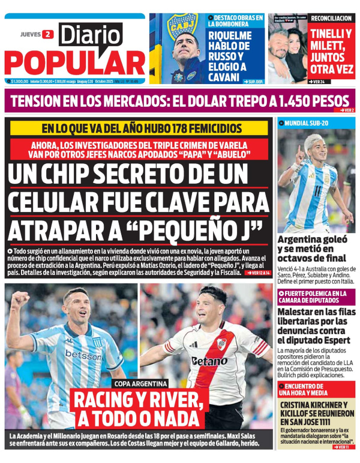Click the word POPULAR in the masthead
tap(74, 62)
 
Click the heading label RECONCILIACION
tap(331, 19)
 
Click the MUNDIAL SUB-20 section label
tap(307, 123)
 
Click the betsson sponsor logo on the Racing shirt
tap(83, 355)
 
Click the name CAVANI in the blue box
tap(224, 77)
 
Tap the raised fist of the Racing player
tap(19, 298)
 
